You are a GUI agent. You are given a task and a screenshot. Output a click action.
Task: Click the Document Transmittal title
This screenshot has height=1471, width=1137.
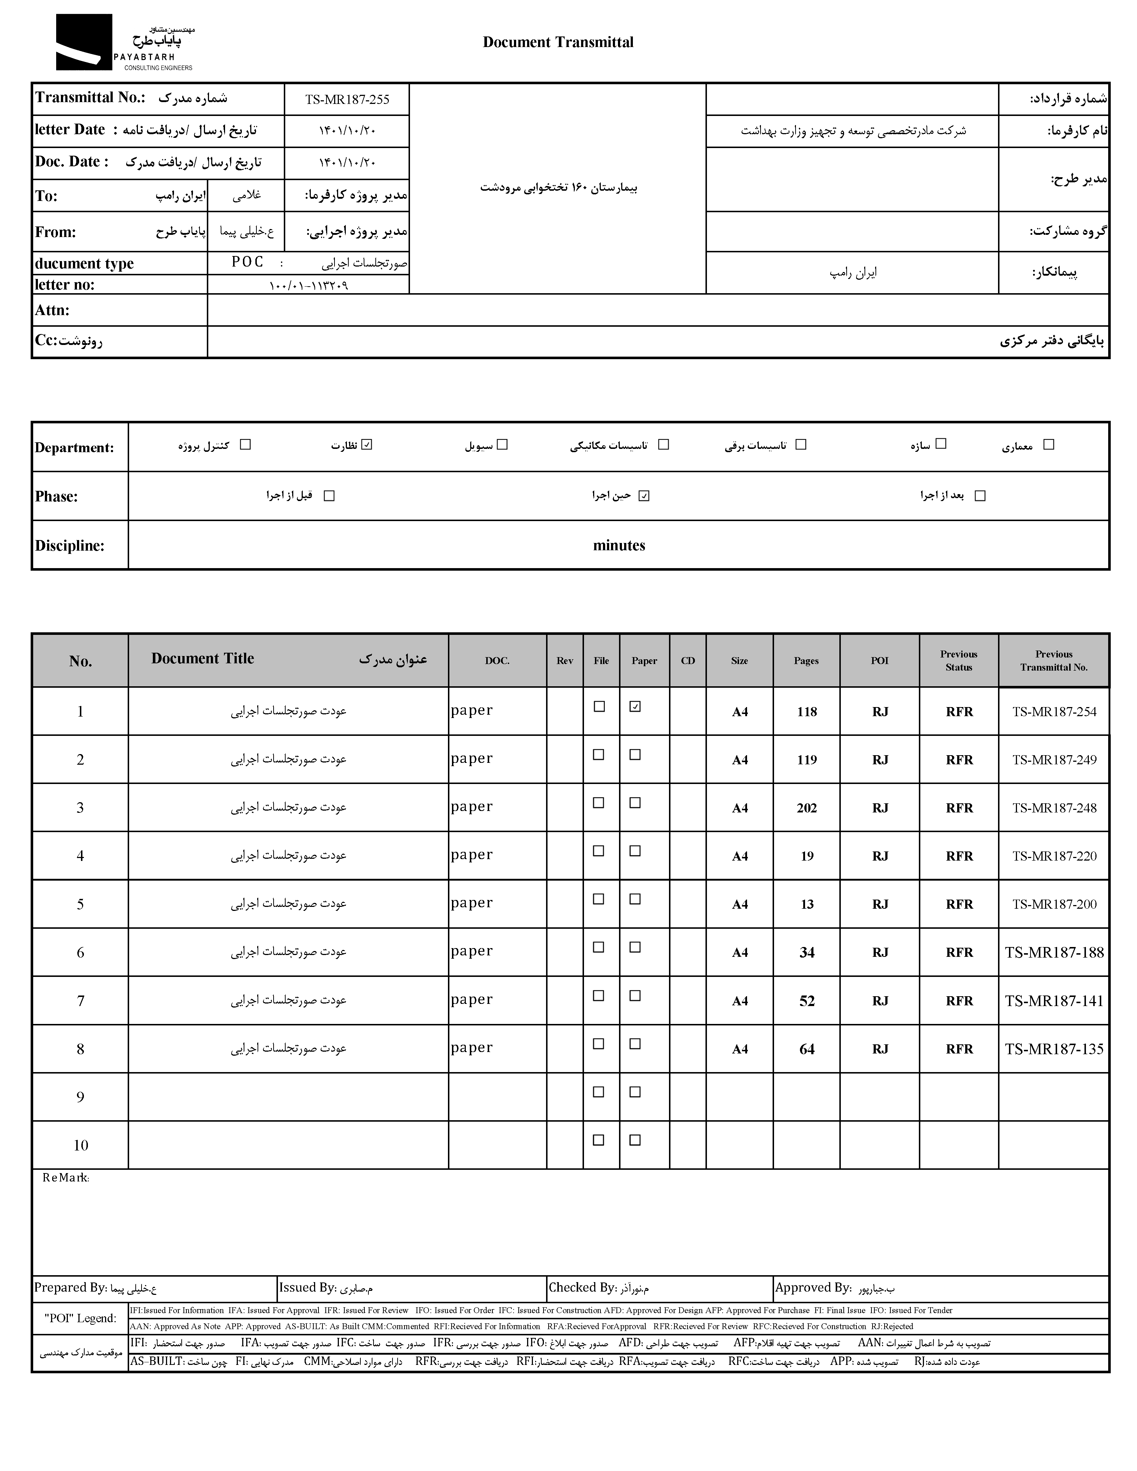[558, 42]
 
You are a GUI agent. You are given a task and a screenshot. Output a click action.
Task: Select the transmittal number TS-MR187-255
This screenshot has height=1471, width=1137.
[347, 100]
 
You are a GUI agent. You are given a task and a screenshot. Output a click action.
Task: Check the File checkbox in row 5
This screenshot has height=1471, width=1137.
[598, 899]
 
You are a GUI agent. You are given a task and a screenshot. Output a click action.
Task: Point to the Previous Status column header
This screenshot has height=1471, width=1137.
[959, 661]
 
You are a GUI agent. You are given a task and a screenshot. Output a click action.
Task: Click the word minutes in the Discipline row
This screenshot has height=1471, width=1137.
[619, 546]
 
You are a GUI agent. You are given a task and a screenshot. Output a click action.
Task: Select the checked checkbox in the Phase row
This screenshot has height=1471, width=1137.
[644, 496]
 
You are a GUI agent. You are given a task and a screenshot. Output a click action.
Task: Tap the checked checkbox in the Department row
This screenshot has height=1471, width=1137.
[367, 445]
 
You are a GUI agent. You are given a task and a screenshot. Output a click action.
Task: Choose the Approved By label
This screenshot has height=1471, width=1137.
[813, 1288]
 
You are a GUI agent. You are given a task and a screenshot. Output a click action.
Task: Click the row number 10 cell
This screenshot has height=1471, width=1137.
[80, 1145]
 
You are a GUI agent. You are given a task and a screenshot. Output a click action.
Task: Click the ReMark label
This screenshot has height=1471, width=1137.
[65, 1178]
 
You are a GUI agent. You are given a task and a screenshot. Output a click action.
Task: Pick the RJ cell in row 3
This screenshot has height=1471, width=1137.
[880, 808]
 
